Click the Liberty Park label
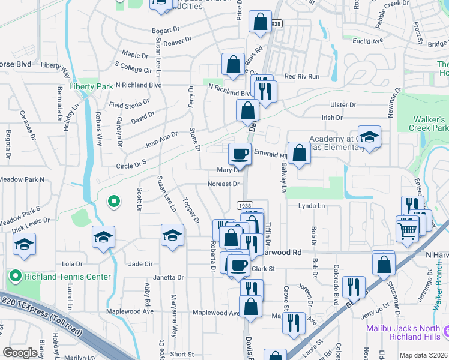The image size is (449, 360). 91,86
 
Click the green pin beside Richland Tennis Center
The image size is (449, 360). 15,277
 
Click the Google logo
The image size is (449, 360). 20,353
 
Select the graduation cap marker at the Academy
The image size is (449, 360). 369,137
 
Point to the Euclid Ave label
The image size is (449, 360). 368,41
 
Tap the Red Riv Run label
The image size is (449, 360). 302,76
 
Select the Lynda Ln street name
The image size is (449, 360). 312,206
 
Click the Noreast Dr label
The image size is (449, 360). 223,184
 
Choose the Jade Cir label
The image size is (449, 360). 140,264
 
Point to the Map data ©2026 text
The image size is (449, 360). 423,355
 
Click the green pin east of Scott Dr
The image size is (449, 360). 112,202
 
